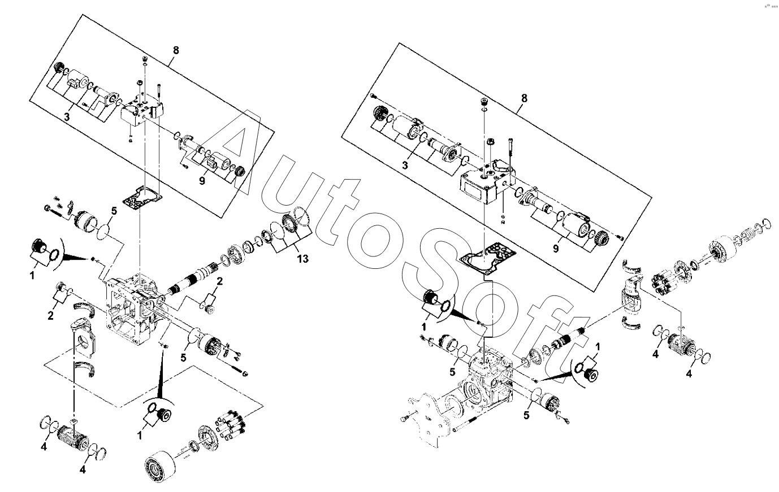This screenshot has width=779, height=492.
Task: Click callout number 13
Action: click(x=303, y=259)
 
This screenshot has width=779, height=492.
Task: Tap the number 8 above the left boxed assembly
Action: click(x=176, y=50)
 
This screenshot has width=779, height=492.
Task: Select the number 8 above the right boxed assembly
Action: click(x=524, y=98)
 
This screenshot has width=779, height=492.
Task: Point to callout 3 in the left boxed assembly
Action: click(x=66, y=117)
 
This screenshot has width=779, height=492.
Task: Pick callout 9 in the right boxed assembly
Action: click(x=556, y=249)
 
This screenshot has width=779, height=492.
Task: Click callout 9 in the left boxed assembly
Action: click(x=202, y=181)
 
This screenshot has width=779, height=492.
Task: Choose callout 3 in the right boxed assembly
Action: click(x=405, y=166)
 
